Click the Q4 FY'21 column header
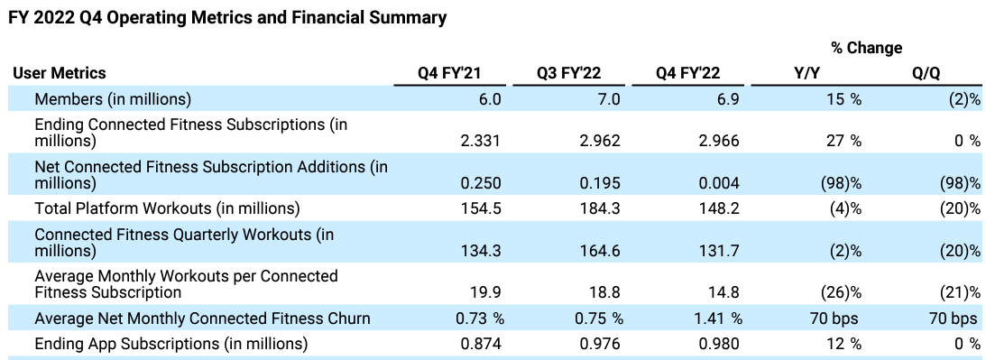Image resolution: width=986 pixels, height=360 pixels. point(449,73)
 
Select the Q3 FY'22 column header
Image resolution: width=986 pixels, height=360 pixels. point(568,73)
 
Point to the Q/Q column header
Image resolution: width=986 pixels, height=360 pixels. point(926,73)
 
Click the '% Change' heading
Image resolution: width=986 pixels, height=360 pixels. point(867,48)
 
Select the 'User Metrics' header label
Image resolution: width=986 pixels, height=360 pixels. point(60,73)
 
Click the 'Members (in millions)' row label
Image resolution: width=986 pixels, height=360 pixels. point(113,99)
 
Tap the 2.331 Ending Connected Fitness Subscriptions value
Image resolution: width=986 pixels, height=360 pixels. point(481,140)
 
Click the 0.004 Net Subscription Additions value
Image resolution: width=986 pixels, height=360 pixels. point(719,182)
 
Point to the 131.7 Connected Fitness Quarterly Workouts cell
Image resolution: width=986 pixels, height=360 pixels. point(719,251)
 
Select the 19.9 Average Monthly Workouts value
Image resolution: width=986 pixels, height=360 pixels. point(488,292)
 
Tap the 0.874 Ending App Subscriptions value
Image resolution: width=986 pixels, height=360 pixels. point(481,344)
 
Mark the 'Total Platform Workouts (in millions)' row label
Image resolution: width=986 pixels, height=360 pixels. point(167,208)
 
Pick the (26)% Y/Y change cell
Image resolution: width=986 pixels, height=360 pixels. point(840,292)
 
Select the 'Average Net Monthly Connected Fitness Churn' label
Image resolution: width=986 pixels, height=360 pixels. point(202,318)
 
